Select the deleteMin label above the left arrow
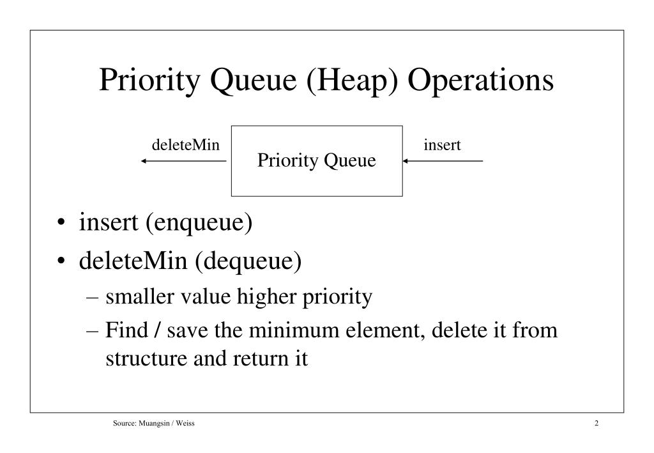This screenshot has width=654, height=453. click(186, 146)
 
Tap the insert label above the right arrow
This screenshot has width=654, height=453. click(443, 146)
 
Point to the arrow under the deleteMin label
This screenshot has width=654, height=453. click(184, 161)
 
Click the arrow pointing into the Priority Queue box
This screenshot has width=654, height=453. click(443, 161)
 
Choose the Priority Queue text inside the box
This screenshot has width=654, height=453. click(317, 161)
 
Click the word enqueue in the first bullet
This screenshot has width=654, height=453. click(197, 223)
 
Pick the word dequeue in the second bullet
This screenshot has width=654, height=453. click(249, 262)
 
